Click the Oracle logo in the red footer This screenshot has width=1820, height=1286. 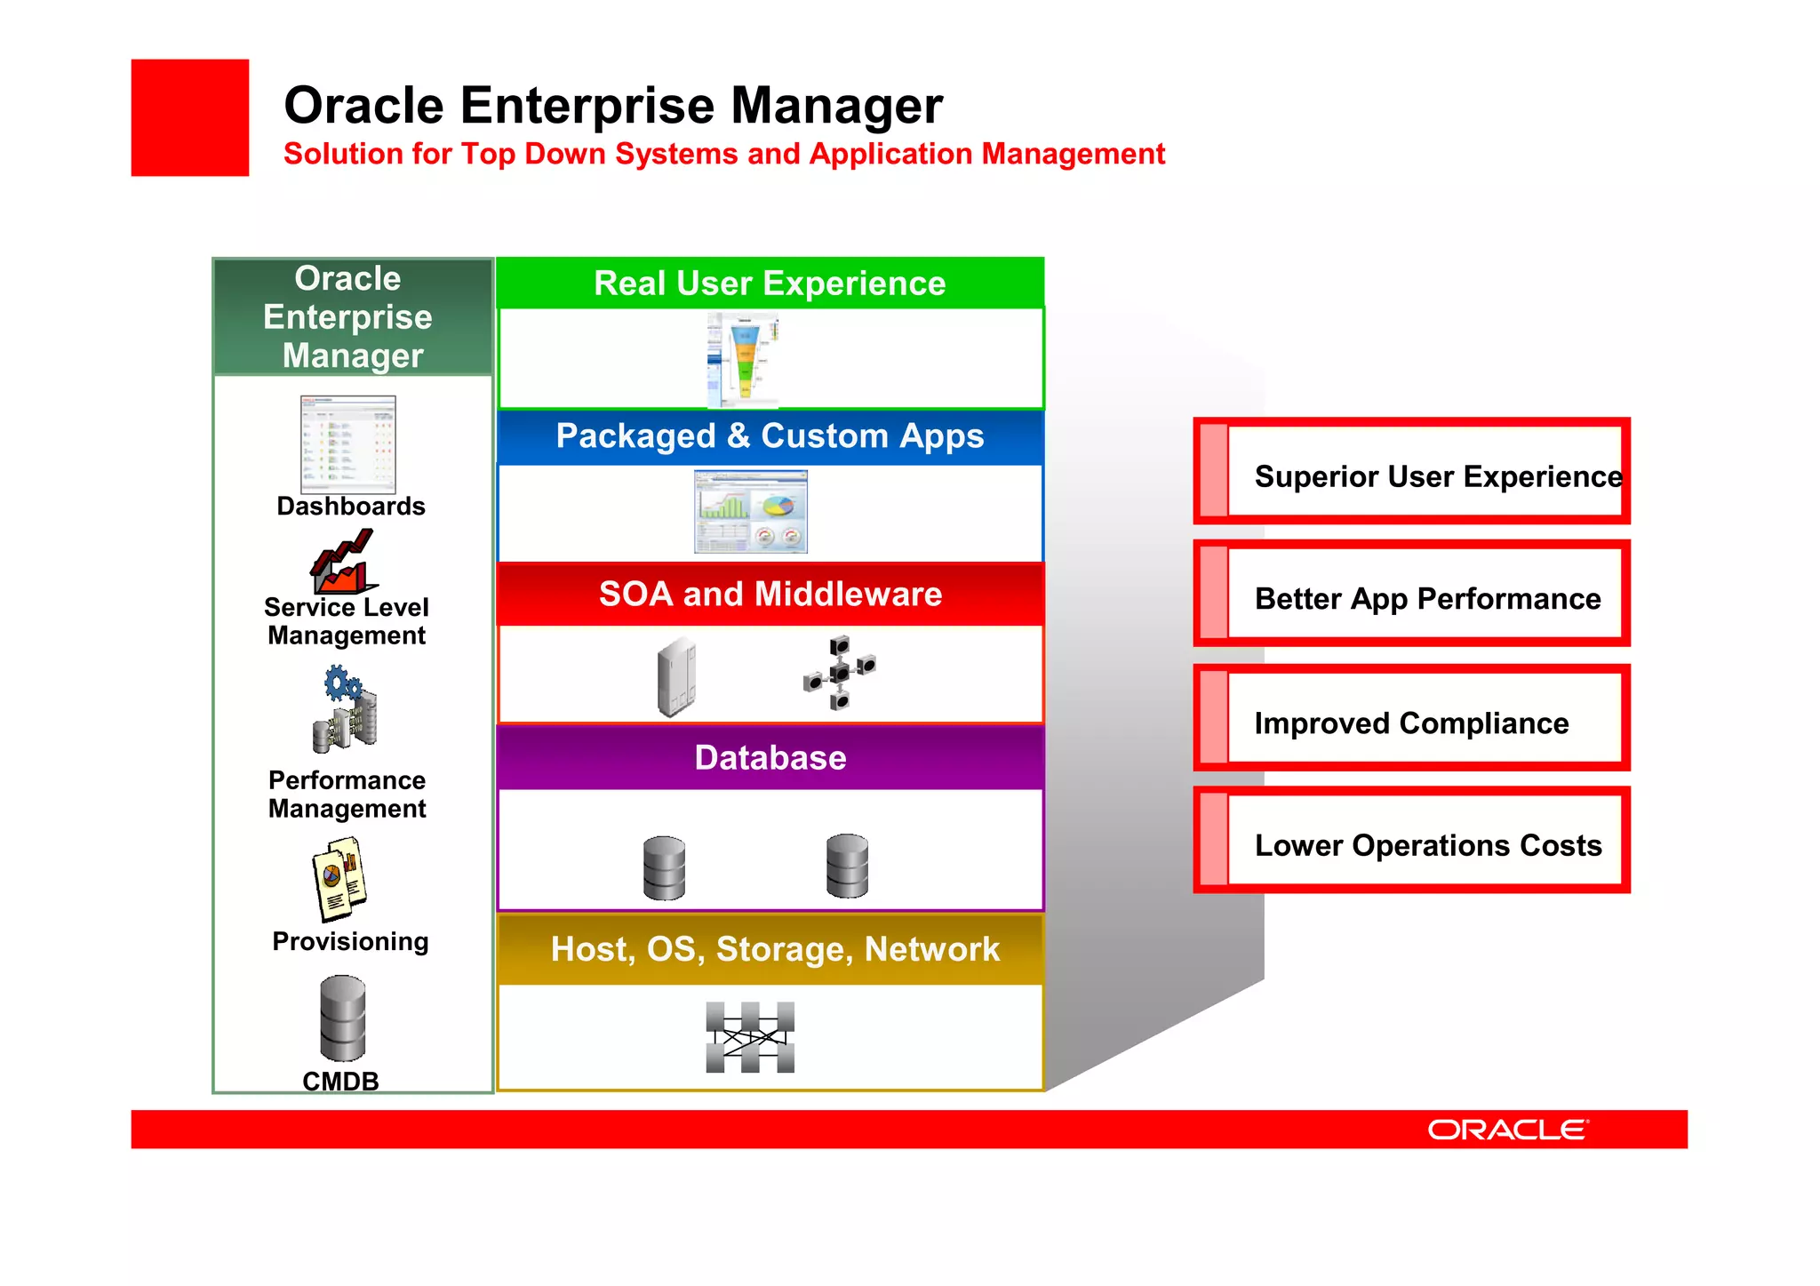pos(1507,1130)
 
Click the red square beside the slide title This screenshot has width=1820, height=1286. pos(190,117)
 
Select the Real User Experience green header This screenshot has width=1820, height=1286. pos(770,284)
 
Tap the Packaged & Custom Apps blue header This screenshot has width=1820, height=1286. pos(770,436)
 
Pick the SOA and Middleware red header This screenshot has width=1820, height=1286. pos(770,594)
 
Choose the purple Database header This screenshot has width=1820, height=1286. pos(770,758)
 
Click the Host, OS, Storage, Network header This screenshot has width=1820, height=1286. pos(773,949)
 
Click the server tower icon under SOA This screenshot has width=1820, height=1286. pos(677,676)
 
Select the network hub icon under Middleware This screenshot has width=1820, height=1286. pos(840,672)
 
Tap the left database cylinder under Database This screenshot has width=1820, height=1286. pos(664,868)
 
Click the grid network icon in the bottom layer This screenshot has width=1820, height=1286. pos(750,1037)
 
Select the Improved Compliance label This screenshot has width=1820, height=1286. pos(1411,723)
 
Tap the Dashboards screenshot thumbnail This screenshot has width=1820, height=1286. pos(348,444)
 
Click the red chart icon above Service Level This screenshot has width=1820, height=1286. pos(343,562)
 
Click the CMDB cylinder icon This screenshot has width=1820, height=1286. pos(343,1018)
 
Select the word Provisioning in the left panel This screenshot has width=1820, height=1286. pos(350,941)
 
